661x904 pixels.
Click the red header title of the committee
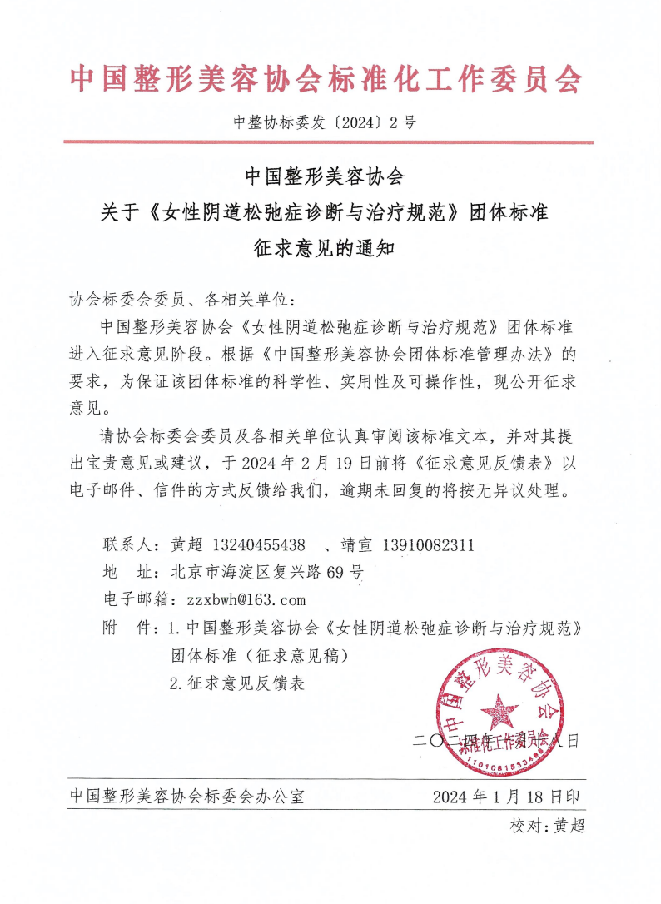[x=326, y=79]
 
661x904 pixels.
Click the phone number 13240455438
[x=259, y=546]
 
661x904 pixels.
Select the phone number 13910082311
[x=429, y=546]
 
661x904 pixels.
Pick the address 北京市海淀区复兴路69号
[x=266, y=573]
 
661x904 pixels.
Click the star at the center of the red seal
[x=499, y=712]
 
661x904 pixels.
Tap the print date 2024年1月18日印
[x=506, y=797]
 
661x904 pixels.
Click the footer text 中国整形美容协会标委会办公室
[x=187, y=797]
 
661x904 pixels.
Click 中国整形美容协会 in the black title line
[x=325, y=176]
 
